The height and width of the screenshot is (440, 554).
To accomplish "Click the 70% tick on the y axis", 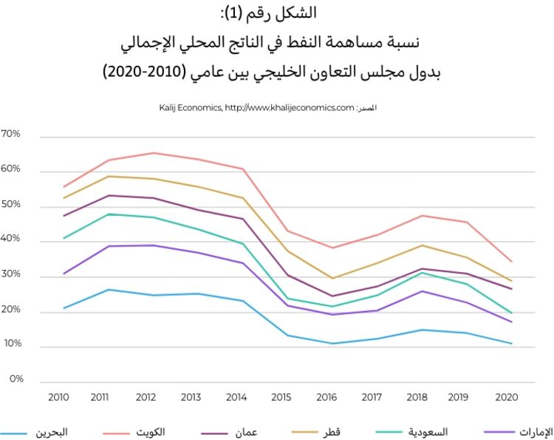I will (x=11, y=135).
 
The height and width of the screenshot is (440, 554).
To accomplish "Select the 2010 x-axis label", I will (x=58, y=398).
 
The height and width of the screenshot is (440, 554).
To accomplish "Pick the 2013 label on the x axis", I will (x=191, y=398).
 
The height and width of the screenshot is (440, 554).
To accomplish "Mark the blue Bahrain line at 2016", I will (x=332, y=343).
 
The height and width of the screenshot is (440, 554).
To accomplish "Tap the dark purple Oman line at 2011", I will (x=109, y=195).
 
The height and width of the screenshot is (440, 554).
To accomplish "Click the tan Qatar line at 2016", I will (x=332, y=278).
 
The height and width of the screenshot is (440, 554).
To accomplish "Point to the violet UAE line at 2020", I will (x=511, y=322).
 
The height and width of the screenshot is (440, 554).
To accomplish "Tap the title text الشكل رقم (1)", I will (x=277, y=13).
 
